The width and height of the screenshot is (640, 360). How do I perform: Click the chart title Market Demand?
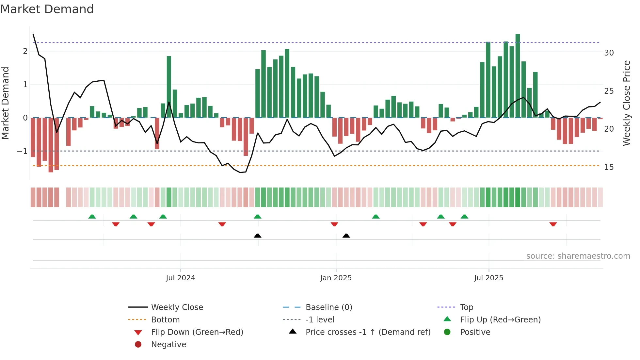point(47,9)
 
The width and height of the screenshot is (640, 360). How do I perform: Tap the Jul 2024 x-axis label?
point(180,278)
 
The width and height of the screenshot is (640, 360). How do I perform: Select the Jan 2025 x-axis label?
point(336,278)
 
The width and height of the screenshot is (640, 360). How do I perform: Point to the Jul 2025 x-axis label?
point(488,278)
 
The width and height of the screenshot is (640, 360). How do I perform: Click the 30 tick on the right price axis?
point(609,53)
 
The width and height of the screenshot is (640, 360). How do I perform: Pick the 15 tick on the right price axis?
point(609,167)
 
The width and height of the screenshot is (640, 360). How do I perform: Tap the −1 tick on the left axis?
point(22,151)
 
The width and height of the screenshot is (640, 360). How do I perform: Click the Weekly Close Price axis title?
point(626,103)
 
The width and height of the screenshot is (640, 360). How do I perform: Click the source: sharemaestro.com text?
point(578,256)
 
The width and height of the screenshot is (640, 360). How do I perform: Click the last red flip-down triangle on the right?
point(553,224)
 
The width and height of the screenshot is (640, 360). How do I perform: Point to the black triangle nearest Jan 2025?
point(346,236)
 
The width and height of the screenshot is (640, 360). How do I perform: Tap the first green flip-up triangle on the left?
point(92,217)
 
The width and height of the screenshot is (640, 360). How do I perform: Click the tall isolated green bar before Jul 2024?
point(169,87)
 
